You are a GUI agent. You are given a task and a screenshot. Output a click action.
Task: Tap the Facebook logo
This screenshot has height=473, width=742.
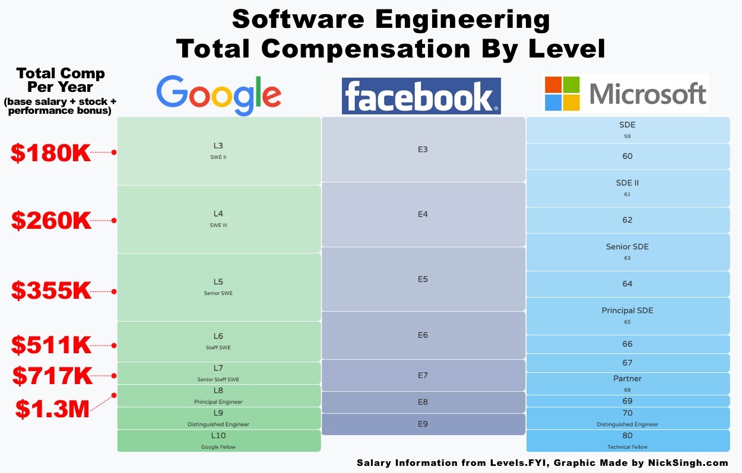coord(421,96)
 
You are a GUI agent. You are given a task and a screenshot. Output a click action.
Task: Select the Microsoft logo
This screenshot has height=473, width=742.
coord(626,94)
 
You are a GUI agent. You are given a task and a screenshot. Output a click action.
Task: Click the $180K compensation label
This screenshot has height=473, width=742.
coord(51,152)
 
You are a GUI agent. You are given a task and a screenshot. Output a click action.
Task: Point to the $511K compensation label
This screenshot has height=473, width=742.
coord(51,344)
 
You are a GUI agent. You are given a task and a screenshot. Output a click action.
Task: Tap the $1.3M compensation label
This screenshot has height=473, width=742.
coord(52,408)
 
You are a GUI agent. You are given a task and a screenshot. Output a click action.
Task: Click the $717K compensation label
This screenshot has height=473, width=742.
coord(52,376)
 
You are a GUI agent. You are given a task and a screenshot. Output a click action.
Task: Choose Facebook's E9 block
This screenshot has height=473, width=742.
coord(423,424)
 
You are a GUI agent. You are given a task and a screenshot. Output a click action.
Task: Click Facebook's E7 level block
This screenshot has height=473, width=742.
coord(423,375)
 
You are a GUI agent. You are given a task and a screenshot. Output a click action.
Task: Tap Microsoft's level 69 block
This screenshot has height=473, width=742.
coord(627,401)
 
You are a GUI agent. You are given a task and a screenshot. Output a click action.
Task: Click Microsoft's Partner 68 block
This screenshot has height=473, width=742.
coord(627,383)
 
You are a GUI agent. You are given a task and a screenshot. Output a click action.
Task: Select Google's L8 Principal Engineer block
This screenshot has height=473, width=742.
coord(218,396)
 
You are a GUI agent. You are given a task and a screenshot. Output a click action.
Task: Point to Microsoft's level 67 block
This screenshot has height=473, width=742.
coord(627,363)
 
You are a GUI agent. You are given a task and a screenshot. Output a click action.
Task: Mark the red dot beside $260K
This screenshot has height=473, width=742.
coord(114,220)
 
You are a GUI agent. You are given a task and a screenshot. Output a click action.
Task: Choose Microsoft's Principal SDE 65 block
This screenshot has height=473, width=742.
coord(627,316)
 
